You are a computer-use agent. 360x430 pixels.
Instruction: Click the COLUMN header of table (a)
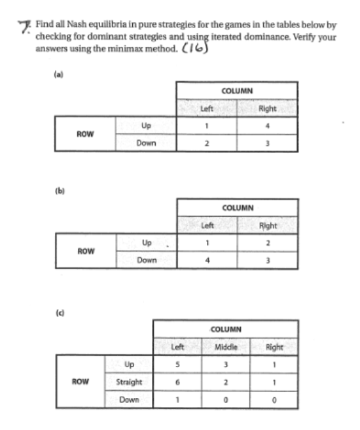pos(237,90)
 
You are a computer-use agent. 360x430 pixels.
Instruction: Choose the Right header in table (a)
pos(268,108)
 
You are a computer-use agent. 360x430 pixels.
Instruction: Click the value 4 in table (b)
pos(206,259)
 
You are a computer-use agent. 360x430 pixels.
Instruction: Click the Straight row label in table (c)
pos(129,382)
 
